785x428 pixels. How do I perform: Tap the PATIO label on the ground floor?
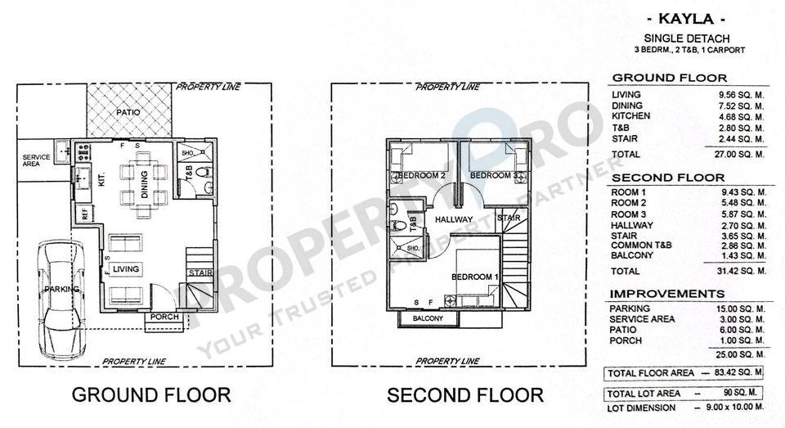coord(128,112)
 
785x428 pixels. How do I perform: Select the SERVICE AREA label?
coord(36,160)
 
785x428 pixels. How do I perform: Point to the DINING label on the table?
coord(144,184)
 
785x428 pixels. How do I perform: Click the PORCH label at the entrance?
coord(164,317)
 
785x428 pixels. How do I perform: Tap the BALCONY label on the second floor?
coord(428,318)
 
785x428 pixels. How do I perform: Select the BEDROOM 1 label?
coord(474,277)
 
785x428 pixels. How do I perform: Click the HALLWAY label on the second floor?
coord(454,219)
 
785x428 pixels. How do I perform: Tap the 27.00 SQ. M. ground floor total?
coord(739,155)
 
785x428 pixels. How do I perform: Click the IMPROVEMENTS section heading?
coord(667,294)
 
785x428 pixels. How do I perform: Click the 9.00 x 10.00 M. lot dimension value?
coord(735,407)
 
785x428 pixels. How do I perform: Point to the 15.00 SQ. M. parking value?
coord(741,309)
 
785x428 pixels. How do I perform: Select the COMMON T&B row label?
coord(641,245)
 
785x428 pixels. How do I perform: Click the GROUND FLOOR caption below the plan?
coord(151,395)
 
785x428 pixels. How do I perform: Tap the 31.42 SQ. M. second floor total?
coord(740,271)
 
